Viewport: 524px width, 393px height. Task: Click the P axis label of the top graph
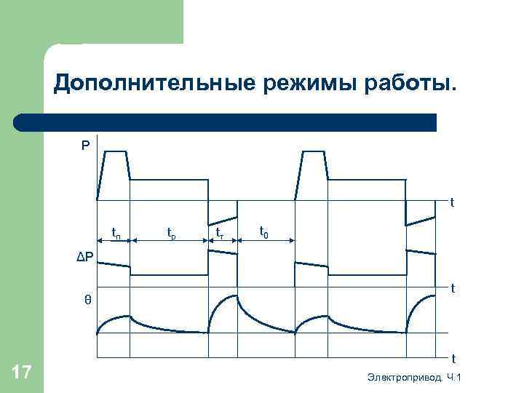click(x=86, y=146)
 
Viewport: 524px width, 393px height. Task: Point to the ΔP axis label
click(x=86, y=255)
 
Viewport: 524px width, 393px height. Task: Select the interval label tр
click(x=171, y=233)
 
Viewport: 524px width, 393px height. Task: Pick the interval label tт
click(x=219, y=233)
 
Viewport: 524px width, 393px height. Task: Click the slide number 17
click(x=22, y=373)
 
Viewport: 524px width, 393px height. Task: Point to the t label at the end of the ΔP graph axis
click(x=452, y=289)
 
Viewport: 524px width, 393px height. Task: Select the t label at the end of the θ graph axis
click(x=453, y=358)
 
